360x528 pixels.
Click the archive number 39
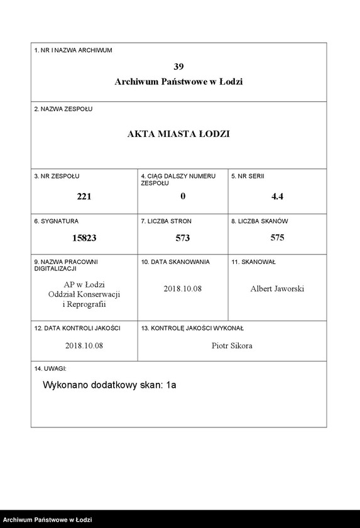click(178, 66)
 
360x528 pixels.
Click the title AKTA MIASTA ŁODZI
click(178, 134)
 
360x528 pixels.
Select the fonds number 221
click(84, 196)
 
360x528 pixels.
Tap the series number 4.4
click(277, 196)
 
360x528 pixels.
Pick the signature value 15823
click(84, 238)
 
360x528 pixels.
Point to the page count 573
click(182, 238)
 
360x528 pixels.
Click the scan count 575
click(277, 238)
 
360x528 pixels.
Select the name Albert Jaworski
click(277, 289)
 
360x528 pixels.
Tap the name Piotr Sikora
click(232, 346)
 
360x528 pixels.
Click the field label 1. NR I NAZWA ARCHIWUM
click(73, 50)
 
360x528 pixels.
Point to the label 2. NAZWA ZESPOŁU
click(63, 109)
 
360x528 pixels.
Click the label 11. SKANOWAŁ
click(254, 261)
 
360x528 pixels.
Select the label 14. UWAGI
click(50, 368)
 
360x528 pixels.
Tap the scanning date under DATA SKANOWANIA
click(182, 289)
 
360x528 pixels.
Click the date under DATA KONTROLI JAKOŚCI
click(84, 346)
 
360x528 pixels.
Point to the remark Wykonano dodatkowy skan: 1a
click(109, 385)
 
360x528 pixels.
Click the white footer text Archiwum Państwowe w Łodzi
click(48, 520)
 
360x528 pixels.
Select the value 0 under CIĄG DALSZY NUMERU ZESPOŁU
click(183, 196)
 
